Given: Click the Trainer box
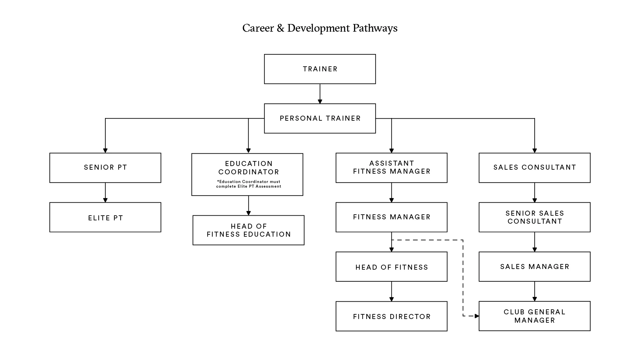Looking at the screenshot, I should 320,69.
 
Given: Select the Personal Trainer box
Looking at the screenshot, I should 320,118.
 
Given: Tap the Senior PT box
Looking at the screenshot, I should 105,168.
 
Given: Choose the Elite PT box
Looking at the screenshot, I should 105,217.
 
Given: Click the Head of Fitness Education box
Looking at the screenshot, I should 248,230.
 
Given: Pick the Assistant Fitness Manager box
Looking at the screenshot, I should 391,168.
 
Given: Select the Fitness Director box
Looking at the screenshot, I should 391,316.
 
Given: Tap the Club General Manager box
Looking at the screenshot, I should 534,316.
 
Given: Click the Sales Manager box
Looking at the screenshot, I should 534,267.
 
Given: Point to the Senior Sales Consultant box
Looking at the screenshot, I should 534,217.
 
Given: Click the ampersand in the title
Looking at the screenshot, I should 280,28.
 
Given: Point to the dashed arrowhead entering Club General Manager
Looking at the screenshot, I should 477,316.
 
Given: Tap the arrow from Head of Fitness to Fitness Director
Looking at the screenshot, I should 391,292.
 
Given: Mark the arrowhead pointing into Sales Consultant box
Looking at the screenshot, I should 534,151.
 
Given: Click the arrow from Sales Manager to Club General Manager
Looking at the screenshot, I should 534,292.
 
